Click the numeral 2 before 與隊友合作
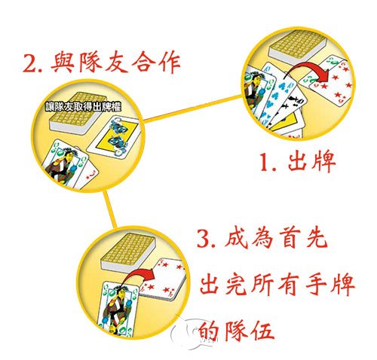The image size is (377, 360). point(30,63)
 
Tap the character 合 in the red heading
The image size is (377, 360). point(143,62)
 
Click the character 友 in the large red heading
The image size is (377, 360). point(116,62)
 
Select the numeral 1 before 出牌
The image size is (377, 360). point(265,163)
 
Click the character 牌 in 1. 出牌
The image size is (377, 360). point(323,163)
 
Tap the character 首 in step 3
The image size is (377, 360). point(288,238)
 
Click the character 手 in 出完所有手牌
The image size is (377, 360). point(316,285)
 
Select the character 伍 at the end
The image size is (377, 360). point(261,331)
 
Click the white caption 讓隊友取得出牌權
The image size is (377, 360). point(83,107)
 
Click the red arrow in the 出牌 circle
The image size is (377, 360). point(308,71)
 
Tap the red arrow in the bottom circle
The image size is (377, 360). point(139,278)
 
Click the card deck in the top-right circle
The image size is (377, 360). point(298,48)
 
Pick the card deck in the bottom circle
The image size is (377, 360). point(127,252)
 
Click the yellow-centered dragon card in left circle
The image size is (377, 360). point(113,137)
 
